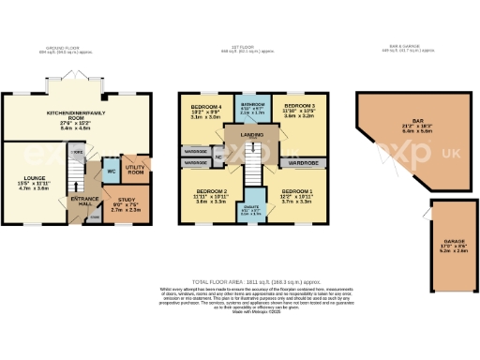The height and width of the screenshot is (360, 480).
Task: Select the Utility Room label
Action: (x=136, y=170)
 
